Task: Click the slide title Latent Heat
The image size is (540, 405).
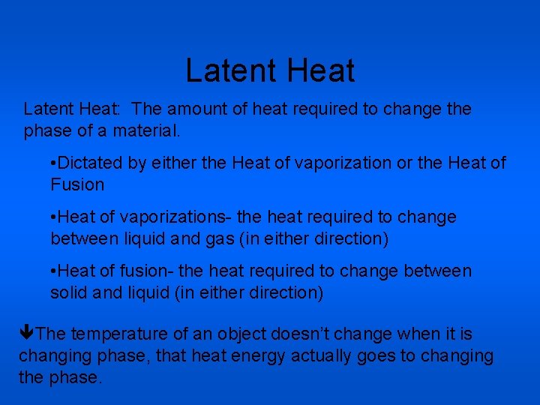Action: (270, 71)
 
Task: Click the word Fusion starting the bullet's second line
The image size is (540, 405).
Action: (77, 184)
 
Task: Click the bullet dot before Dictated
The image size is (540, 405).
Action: (54, 163)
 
